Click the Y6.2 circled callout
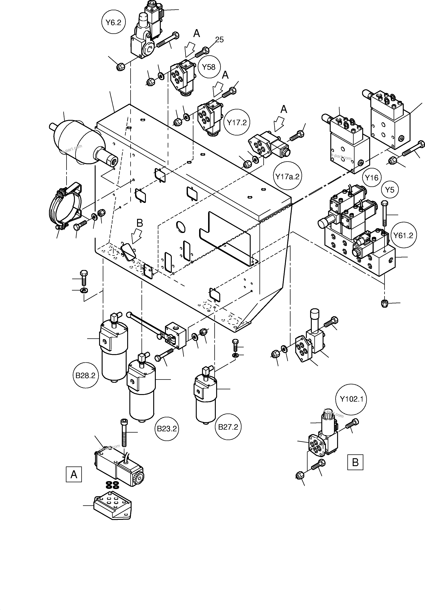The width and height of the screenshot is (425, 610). tap(114, 23)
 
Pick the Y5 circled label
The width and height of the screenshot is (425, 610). tap(390, 190)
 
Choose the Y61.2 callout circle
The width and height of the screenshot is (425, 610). tap(404, 235)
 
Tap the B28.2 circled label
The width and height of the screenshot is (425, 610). tap(85, 375)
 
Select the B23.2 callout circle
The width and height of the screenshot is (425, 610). tap(167, 429)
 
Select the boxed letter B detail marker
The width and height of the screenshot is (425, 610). tap(355, 462)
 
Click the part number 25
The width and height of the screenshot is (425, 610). tap(219, 40)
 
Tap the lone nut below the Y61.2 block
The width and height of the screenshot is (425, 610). tap(384, 303)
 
